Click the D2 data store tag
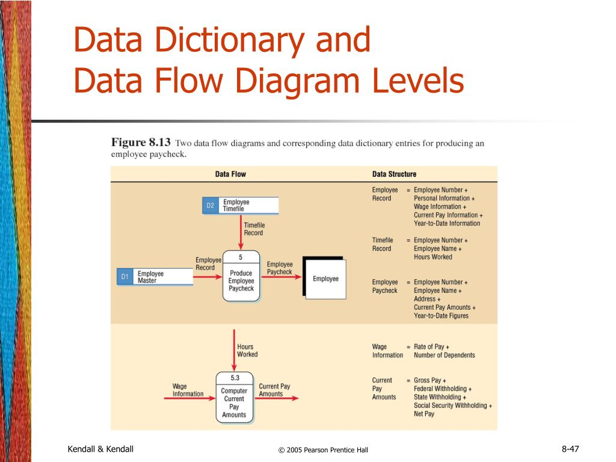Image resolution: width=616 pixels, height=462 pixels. click(210, 206)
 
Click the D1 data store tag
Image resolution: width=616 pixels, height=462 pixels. click(125, 277)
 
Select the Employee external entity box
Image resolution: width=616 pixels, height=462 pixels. click(325, 279)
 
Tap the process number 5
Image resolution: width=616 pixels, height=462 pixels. click(241, 257)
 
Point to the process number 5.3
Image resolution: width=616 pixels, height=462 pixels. click(234, 378)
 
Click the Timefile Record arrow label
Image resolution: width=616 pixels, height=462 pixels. click(253, 229)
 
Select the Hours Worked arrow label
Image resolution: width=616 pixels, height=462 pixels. click(247, 351)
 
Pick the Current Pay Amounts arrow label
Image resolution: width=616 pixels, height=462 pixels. click(274, 390)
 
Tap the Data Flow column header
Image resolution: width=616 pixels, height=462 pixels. click(230, 174)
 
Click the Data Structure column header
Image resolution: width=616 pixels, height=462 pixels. click(394, 174)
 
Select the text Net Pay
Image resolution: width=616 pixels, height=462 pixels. click(424, 414)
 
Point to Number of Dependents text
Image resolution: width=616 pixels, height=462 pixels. click(444, 355)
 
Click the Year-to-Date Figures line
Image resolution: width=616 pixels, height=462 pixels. click(441, 316)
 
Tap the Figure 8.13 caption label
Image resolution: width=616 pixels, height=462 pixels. click(141, 143)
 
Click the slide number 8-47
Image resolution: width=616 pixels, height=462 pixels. click(570, 448)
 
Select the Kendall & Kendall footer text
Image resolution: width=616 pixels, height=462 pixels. click(100, 448)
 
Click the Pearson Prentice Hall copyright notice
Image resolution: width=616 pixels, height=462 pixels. click(323, 449)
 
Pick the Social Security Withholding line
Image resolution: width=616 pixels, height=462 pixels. click(452, 405)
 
